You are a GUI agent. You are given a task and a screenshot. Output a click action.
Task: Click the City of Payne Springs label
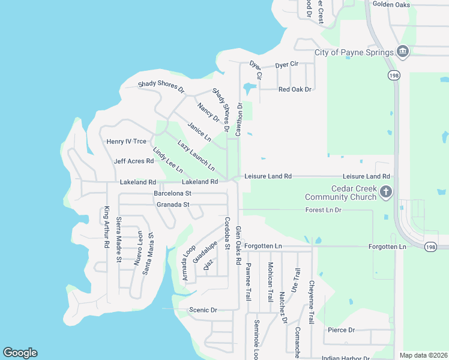tap(354, 52)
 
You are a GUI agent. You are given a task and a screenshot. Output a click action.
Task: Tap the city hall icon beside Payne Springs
tap(403, 52)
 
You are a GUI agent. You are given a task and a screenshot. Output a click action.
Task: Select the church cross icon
tap(387, 192)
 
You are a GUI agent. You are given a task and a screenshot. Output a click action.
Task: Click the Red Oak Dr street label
tap(295, 89)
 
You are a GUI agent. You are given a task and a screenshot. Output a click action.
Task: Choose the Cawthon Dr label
tap(239, 119)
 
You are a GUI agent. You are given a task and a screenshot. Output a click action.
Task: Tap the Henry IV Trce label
tap(126, 142)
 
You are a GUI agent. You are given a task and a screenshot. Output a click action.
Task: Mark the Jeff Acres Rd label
tap(134, 161)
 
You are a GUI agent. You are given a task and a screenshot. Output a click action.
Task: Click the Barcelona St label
tap(172, 194)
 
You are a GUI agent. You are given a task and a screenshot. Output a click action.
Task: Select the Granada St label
tap(173, 205)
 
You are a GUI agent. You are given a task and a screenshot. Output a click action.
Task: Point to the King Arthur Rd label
tap(106, 227)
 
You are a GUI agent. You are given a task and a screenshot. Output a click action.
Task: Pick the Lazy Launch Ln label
tap(196, 155)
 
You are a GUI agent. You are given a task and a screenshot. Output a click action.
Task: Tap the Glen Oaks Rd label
tap(238, 246)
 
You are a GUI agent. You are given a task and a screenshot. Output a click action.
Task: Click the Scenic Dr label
tap(202, 310)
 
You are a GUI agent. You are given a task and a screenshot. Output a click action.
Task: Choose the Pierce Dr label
tap(342, 330)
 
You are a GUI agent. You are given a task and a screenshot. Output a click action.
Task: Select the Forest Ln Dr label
tap(323, 210)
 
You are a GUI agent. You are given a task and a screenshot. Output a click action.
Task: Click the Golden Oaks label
tap(391, 4)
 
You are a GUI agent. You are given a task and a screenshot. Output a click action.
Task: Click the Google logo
tap(20, 353)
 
